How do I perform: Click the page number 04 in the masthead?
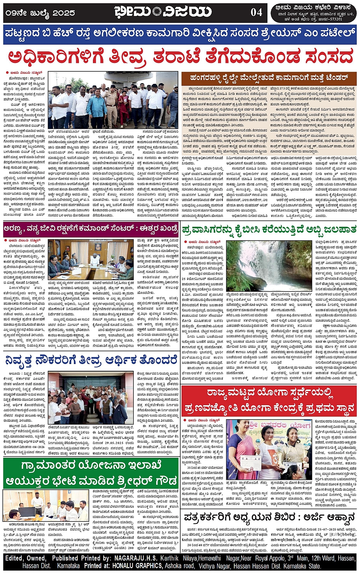tap(256, 12)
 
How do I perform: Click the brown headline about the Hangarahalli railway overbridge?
tap(269, 78)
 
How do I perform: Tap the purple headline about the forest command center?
tap(91, 229)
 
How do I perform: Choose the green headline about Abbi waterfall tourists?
tap(269, 229)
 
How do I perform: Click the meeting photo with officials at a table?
tap(90, 258)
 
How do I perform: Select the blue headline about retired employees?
tap(91, 359)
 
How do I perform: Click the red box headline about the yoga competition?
tap(269, 401)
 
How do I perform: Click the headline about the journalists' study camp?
tap(269, 517)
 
